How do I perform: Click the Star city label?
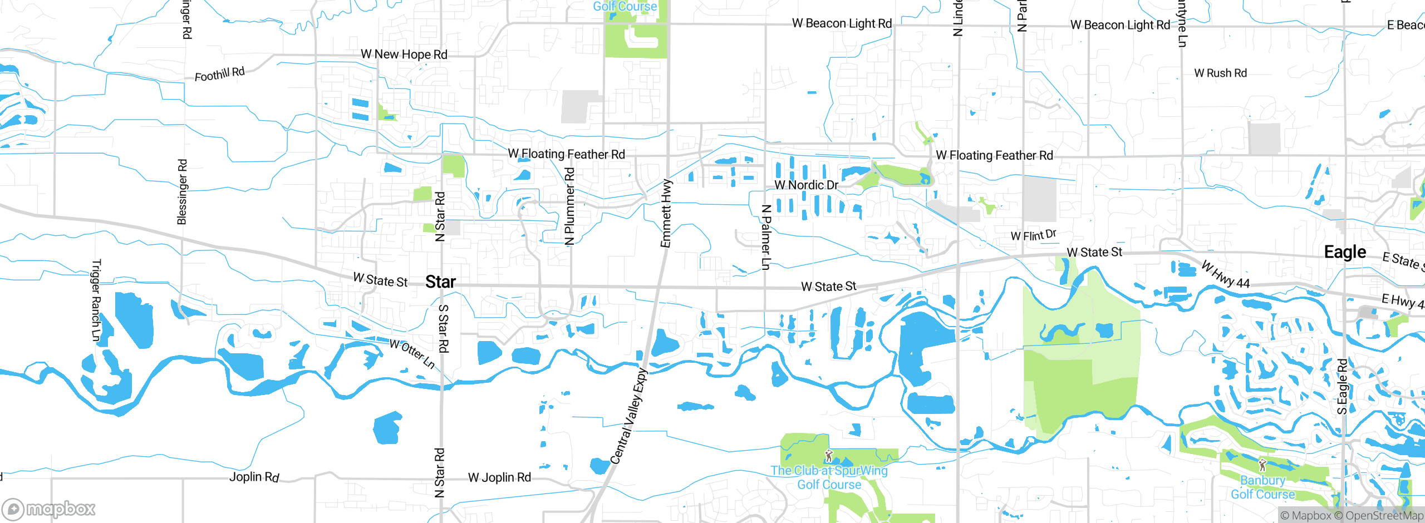pos(440,282)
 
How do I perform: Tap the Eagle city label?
pos(1345,252)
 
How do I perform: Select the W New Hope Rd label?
pos(404,55)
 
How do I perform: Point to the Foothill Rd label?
pos(219,74)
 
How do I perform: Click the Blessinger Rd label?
pos(182,192)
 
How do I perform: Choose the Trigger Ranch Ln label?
pos(96,300)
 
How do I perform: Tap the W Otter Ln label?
pos(412,353)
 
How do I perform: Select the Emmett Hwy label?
pos(666,213)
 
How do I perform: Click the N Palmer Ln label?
pos(766,237)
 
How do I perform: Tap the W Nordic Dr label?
pos(806,185)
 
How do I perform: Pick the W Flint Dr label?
pos(1033,235)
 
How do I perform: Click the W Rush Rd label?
pos(1220,73)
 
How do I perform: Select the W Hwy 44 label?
pos(1225,274)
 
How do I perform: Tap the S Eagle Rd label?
pos(1342,387)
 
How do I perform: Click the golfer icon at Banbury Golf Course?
pos(1262,465)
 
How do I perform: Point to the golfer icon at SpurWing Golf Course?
pos(829,456)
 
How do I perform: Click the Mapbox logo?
pos(49,509)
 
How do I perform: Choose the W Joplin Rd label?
pos(499,477)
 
